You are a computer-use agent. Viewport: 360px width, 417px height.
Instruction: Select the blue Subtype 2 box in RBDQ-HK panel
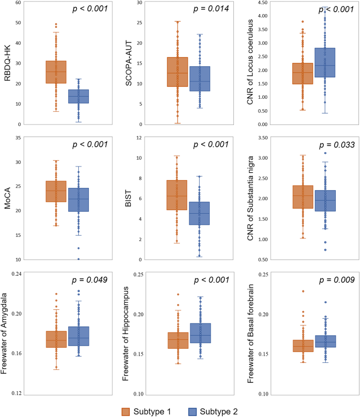point(78,96)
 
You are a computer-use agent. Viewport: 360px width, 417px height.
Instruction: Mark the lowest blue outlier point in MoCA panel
point(78,258)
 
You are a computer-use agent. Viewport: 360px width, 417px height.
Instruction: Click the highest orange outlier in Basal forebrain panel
point(303,291)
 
